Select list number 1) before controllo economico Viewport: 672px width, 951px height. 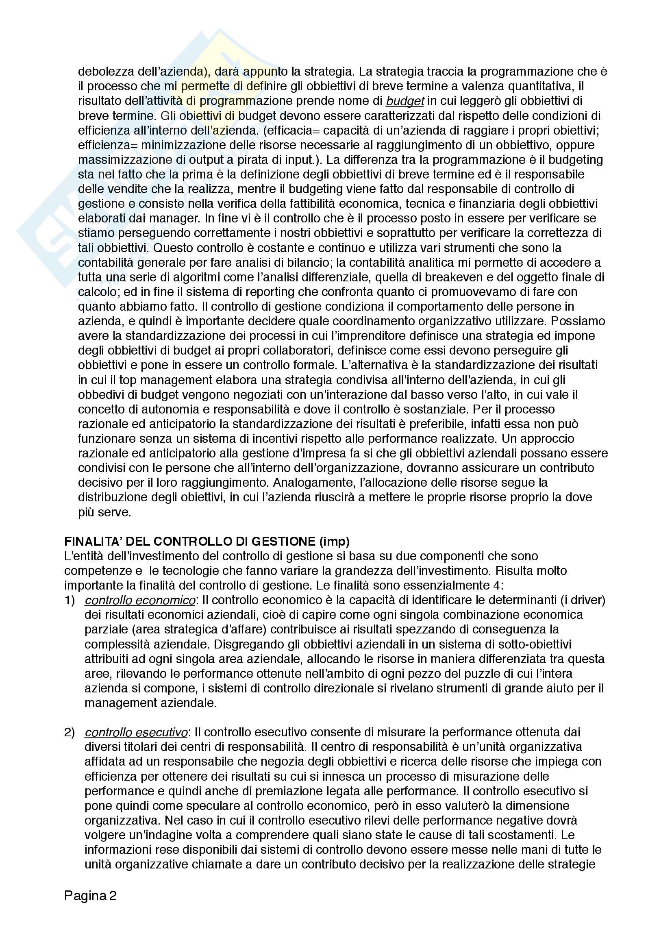(x=70, y=600)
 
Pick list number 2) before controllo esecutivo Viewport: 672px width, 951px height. (x=70, y=732)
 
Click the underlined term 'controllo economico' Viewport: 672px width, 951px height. (x=140, y=600)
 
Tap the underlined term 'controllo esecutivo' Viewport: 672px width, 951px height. (x=136, y=732)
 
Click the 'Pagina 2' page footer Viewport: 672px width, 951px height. (x=90, y=896)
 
